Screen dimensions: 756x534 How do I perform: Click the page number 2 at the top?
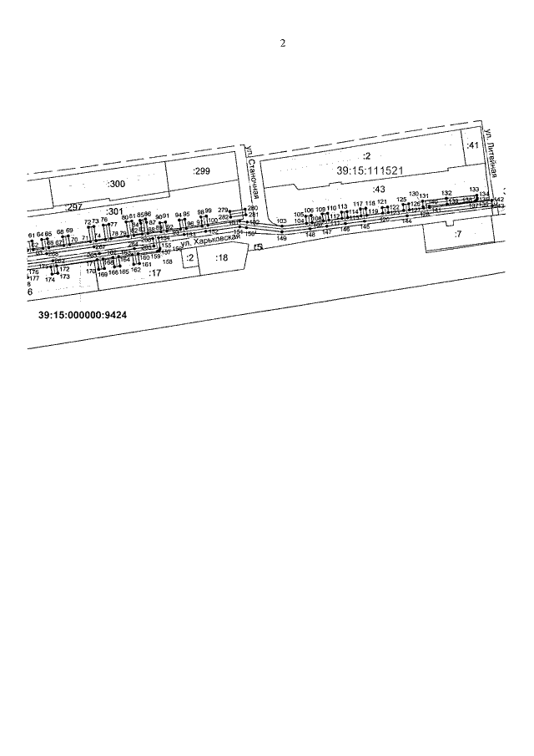point(283,43)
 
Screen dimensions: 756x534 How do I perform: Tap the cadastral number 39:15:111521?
point(370,170)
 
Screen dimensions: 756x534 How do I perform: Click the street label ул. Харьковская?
point(216,241)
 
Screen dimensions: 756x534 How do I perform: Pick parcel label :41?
point(472,146)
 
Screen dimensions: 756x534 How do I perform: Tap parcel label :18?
point(221,258)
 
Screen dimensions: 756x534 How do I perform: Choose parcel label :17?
point(154,272)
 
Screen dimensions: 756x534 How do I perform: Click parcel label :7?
point(457,234)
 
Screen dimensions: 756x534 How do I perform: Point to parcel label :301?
point(114,211)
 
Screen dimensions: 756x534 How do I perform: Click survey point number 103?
point(281,221)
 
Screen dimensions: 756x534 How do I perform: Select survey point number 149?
point(281,239)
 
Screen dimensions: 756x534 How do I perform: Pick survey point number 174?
point(50,280)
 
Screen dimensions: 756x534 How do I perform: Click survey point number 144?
point(406,221)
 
